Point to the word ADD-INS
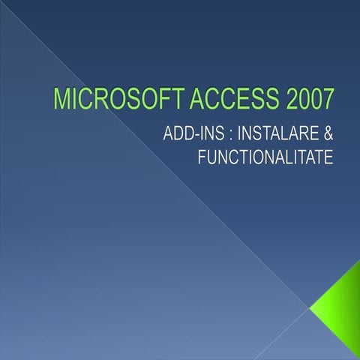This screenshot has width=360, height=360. tap(190, 134)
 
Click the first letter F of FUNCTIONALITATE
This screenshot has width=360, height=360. tap(202, 158)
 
